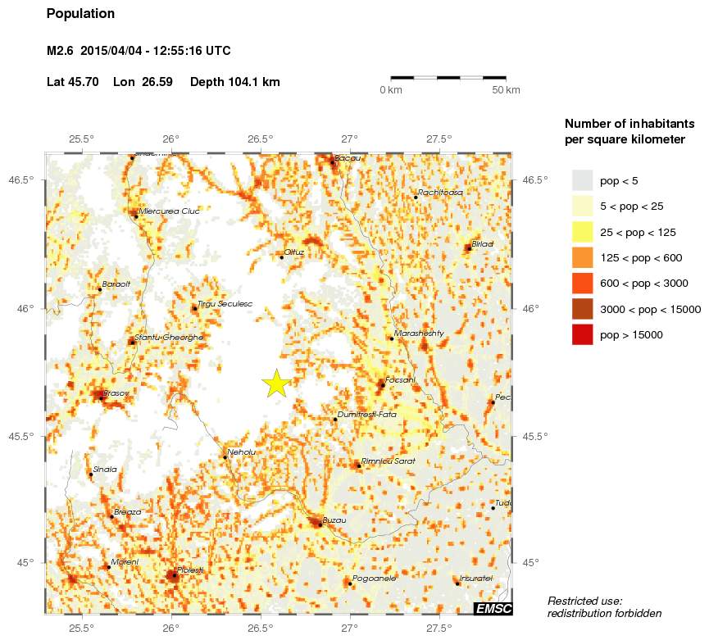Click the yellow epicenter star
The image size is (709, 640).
[276, 384]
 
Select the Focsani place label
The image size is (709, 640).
[400, 380]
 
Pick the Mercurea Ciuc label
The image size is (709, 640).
[170, 211]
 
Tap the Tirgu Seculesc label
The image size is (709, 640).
[225, 304]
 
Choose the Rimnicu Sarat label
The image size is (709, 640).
[389, 461]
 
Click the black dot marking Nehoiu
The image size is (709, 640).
[225, 457]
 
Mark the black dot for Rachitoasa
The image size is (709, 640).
[416, 197]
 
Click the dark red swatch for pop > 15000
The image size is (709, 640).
[582, 334]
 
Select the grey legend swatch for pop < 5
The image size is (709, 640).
[582, 180]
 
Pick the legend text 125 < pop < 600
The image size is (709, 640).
[641, 258]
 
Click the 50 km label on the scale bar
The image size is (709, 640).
[506, 89]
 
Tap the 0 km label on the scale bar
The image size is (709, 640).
[389, 89]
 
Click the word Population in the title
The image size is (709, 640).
[80, 14]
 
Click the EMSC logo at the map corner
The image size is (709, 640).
[493, 607]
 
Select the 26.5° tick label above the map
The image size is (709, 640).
[260, 138]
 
